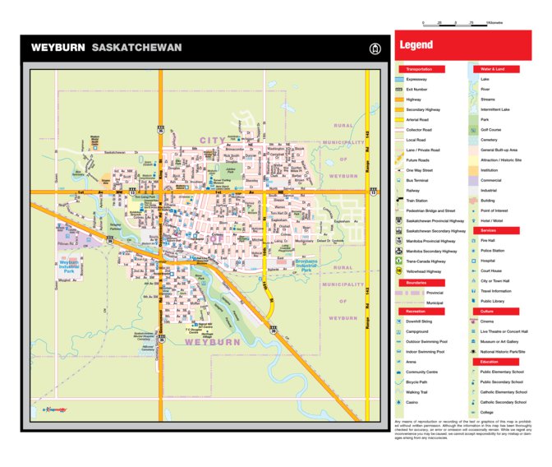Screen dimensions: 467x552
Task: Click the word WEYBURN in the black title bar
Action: click(x=58, y=48)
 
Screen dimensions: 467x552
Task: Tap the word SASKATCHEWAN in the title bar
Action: click(x=136, y=48)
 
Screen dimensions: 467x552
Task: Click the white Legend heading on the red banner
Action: click(x=416, y=45)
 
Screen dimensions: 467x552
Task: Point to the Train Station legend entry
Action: click(x=419, y=200)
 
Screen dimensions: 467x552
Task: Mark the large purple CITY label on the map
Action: click(x=212, y=141)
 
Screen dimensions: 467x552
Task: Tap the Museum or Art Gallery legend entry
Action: click(x=501, y=341)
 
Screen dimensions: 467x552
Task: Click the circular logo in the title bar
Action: click(x=375, y=48)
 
